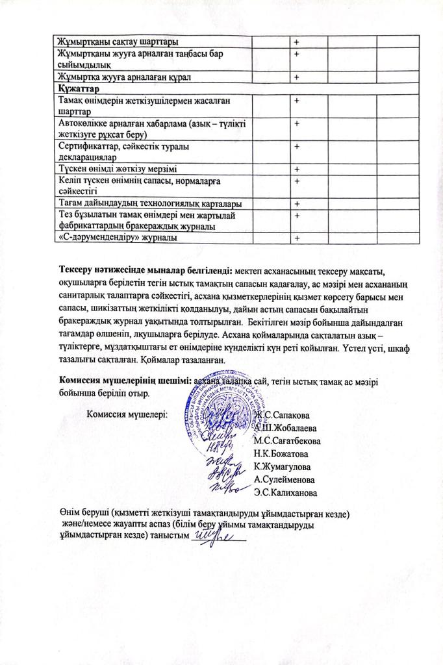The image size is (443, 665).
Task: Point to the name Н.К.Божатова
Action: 281,453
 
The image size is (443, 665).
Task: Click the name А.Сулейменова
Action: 286,479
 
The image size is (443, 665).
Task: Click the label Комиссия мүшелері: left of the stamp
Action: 127,413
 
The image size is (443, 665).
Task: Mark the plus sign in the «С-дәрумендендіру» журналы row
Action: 297,239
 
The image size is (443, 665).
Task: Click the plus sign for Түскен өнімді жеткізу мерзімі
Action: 297,169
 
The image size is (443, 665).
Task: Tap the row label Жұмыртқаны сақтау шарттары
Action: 118,42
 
